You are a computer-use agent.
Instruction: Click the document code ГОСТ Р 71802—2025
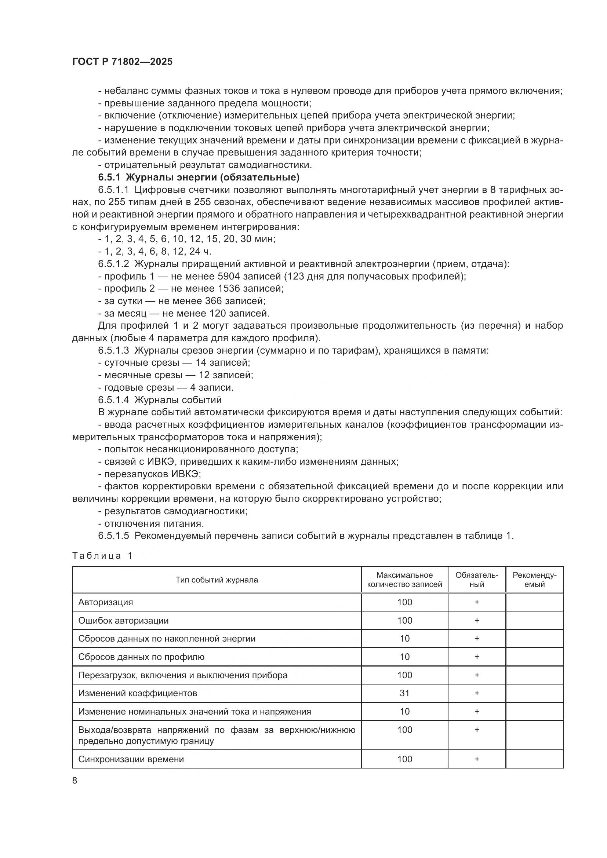pyautogui.click(x=122, y=62)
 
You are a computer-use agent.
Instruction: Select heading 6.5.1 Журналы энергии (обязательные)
pyautogui.click(x=199, y=177)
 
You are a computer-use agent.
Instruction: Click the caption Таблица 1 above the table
pyautogui.click(x=102, y=556)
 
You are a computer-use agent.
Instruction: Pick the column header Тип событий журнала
pyautogui.click(x=217, y=580)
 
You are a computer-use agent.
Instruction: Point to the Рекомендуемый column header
pyautogui.click(x=534, y=580)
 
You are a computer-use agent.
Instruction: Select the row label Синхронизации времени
pyautogui.click(x=131, y=759)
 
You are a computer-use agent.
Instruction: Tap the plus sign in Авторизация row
pyautogui.click(x=477, y=602)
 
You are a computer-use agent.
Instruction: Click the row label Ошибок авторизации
pyautogui.click(x=123, y=620)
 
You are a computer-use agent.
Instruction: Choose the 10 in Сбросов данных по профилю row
pyautogui.click(x=404, y=657)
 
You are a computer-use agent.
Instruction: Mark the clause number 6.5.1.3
pyautogui.click(x=113, y=351)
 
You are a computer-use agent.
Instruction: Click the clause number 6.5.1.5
pyautogui.click(x=113, y=536)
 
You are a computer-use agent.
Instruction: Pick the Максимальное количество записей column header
pyautogui.click(x=404, y=580)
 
